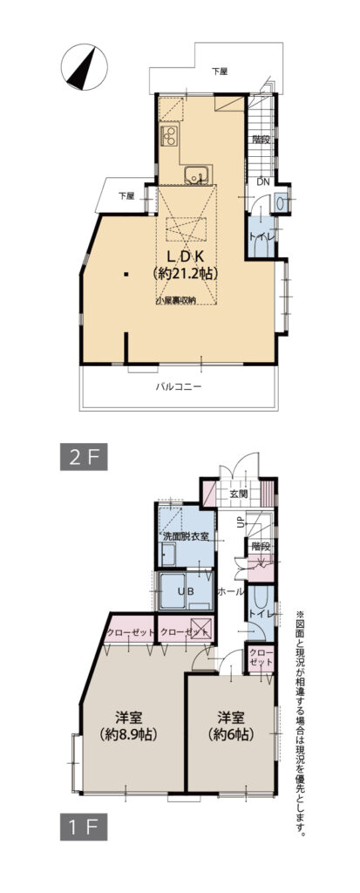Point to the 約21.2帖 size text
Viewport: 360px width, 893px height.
[184, 273]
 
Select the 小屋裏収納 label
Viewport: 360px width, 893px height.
[175, 300]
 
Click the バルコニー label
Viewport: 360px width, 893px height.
[180, 386]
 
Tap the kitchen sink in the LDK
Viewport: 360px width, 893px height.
[195, 175]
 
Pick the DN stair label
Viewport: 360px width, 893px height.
[262, 182]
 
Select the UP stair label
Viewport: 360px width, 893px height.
[241, 521]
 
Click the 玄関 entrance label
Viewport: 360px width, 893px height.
[238, 494]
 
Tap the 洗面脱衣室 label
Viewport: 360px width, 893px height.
[185, 535]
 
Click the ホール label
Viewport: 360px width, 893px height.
[229, 591]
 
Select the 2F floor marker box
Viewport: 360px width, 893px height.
[83, 455]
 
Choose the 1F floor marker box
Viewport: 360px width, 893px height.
[83, 823]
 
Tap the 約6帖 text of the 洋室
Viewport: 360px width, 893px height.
[230, 734]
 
